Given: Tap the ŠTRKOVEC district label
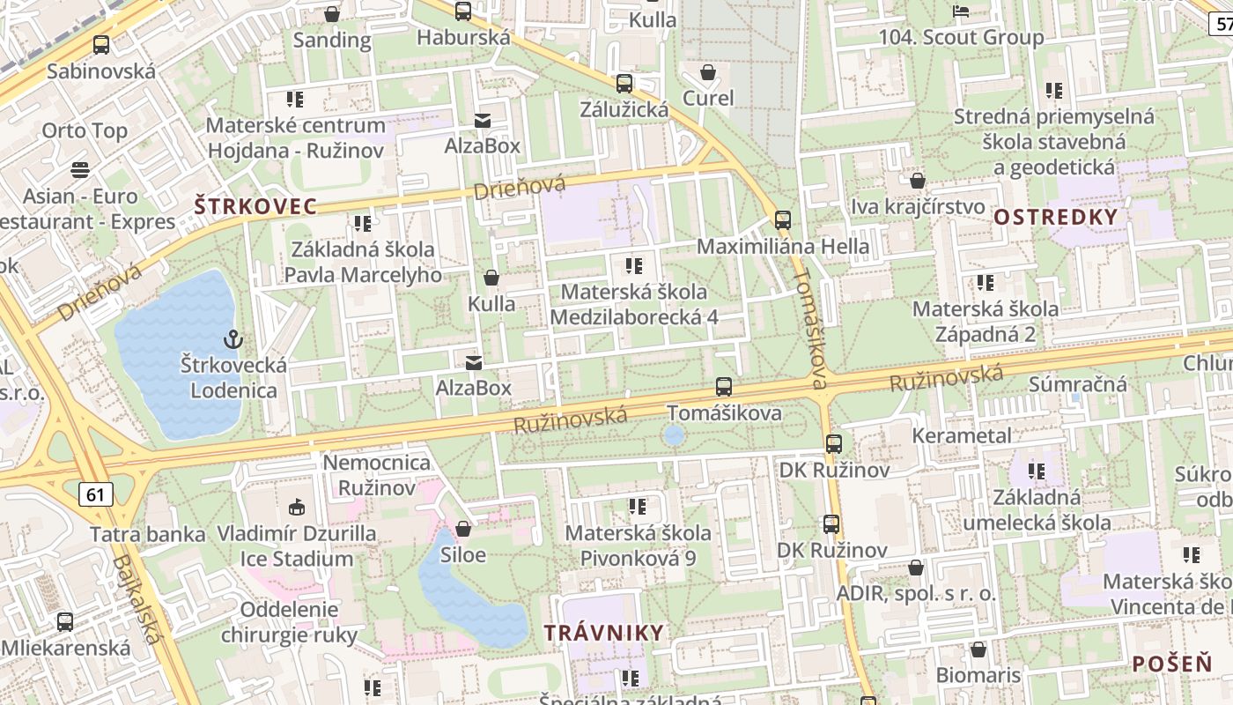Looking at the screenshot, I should (255, 207).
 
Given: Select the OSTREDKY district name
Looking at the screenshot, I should (1055, 217).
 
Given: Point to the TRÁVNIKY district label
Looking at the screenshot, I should (603, 633).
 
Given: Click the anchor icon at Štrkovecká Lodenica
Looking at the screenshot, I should (233, 339).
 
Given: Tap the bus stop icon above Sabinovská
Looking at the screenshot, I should (101, 45).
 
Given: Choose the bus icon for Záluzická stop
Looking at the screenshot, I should (624, 84).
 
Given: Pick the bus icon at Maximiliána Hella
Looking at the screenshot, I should (782, 219).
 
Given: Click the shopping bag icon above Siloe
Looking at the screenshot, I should (463, 529).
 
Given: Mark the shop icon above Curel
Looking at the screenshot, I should (707, 71).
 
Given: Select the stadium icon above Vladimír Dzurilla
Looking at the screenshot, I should (297, 507).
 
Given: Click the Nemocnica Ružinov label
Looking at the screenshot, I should (377, 475).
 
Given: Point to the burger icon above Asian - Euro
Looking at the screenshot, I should (80, 168).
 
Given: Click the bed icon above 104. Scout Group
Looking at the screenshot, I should (961, 11).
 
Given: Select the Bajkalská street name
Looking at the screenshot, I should (139, 599).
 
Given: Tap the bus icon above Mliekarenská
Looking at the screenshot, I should (65, 621).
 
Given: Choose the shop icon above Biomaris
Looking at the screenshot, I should (978, 649).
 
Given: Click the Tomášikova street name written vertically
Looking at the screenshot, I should (811, 328).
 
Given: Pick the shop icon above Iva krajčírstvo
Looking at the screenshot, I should (917, 181).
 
